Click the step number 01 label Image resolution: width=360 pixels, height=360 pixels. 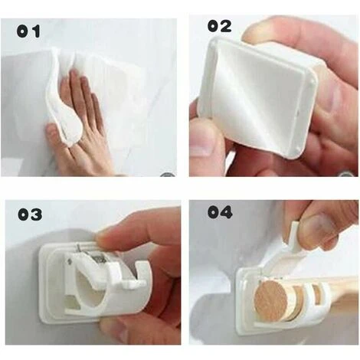(x=28, y=31)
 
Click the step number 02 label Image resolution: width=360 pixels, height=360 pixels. (x=219, y=26)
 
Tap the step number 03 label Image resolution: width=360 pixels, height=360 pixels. (x=30, y=214)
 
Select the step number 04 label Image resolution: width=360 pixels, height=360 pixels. (x=220, y=212)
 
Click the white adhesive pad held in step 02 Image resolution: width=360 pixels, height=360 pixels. (x=258, y=97)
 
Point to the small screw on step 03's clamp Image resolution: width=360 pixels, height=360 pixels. (x=70, y=260)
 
